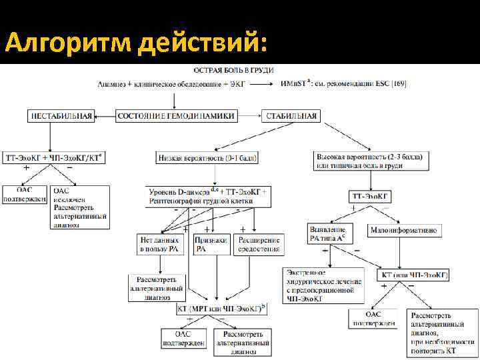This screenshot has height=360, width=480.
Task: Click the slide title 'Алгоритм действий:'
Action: [137, 44]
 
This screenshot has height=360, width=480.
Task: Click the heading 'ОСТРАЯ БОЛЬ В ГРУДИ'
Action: [233, 70]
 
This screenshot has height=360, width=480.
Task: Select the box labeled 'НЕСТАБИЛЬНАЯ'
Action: [61, 116]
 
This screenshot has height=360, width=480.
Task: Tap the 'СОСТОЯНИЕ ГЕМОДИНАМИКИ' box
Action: [175, 116]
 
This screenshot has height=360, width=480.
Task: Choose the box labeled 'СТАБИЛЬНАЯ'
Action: [291, 116]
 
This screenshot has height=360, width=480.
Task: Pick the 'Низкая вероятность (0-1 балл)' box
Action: [208, 158]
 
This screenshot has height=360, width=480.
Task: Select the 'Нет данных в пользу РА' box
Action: [159, 244]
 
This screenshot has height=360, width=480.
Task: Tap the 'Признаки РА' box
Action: [211, 244]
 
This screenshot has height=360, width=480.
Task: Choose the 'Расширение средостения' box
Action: [257, 244]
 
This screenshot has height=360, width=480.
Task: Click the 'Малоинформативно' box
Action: [403, 230]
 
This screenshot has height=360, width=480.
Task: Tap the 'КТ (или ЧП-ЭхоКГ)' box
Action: [414, 275]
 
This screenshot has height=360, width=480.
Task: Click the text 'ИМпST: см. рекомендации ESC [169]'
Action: [344, 83]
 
